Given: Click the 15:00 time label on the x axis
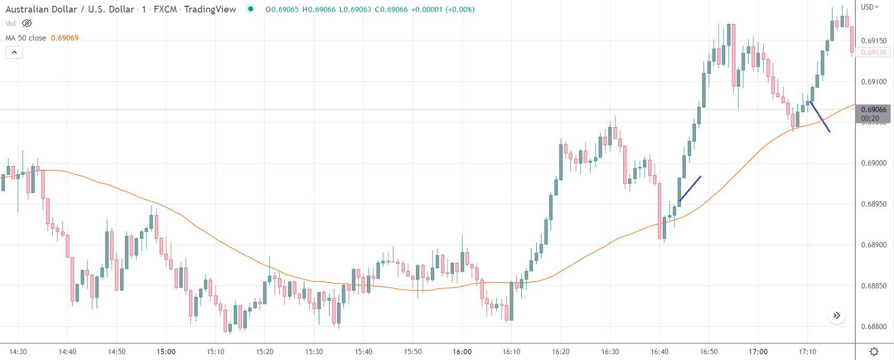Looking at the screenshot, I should click(166, 351).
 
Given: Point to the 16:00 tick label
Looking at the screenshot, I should click(462, 351).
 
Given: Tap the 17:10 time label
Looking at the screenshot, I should click(807, 351).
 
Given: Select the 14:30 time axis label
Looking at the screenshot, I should click(18, 351).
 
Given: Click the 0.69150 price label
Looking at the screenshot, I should click(874, 41).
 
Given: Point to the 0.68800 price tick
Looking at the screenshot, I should click(874, 327).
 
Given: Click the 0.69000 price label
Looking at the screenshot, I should click(874, 163).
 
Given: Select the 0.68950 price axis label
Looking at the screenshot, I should click(874, 204).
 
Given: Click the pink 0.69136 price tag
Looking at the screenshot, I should click(874, 52).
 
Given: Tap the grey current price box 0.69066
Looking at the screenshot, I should click(874, 113).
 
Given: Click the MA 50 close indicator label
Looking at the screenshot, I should click(26, 38).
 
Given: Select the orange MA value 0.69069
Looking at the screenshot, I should click(65, 38).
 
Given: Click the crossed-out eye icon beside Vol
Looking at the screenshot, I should click(27, 24).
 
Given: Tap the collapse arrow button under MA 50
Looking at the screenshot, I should click(14, 52).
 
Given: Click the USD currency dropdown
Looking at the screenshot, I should click(869, 7).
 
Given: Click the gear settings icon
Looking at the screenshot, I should click(874, 351).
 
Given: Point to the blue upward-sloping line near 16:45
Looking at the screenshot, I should click(690, 189).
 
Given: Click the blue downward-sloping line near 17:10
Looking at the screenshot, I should click(820, 116).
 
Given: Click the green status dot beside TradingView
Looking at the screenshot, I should click(250, 9).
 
